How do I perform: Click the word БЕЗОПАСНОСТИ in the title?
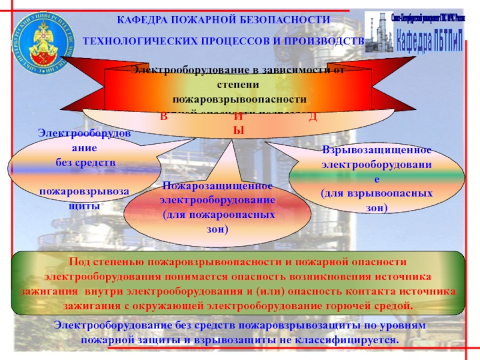coord(293,20)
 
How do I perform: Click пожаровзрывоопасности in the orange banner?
coord(239,98)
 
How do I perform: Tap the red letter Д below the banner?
coord(313,116)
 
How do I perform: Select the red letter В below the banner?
coord(163,116)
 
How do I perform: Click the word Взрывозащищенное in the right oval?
coord(377,149)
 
